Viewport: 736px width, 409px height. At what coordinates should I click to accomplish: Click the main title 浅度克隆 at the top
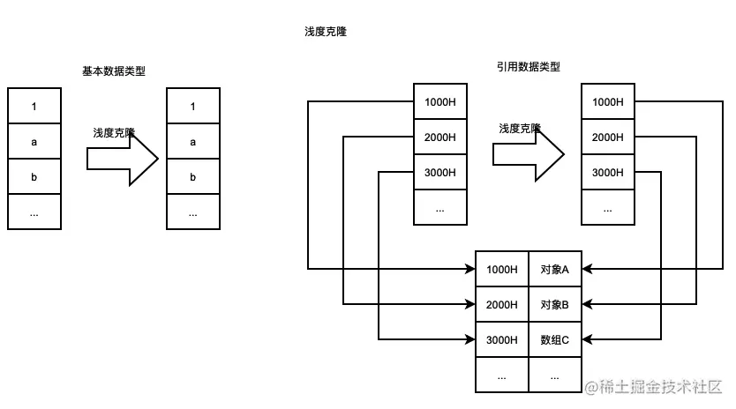325,32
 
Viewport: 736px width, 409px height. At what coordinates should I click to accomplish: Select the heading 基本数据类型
113,71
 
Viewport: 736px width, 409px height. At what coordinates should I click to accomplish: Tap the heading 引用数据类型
528,67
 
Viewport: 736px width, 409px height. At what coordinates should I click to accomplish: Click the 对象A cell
555,269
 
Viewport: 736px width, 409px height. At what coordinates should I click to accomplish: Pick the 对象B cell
555,304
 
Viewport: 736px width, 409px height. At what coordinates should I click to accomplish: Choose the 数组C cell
555,339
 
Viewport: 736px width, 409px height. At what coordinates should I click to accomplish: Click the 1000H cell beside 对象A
502,269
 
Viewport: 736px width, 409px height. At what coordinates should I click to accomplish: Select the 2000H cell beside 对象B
502,304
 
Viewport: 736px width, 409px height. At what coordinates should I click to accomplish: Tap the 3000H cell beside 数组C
502,339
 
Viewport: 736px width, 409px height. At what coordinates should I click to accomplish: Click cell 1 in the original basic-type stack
34,107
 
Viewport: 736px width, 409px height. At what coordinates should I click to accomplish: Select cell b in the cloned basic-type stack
193,177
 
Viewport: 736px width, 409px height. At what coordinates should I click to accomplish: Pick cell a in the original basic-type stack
34,142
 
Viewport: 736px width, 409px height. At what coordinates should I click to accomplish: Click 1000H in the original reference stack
440,102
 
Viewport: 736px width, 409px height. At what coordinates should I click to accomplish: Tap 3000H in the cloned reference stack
608,173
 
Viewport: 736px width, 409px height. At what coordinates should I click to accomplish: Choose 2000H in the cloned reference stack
608,138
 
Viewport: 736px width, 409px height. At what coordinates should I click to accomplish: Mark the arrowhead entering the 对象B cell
587,304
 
